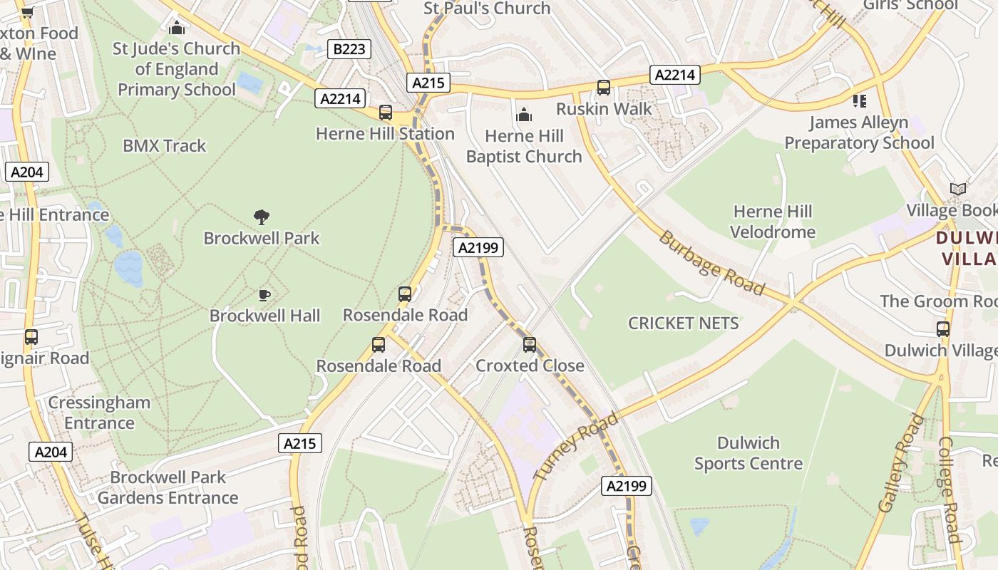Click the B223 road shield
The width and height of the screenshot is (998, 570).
[349, 49]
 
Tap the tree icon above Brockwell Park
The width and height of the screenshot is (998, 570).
[262, 217]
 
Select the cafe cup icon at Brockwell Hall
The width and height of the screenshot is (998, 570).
[264, 295]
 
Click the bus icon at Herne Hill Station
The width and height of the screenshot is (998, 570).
[386, 113]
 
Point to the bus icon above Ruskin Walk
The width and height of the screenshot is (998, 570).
[604, 88]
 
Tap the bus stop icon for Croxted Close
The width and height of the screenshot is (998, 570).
[529, 345]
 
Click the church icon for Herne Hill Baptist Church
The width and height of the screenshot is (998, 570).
[524, 115]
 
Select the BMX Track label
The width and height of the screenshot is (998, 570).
[164, 146]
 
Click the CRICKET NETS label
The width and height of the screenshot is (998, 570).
[683, 323]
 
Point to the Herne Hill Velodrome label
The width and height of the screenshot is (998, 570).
[773, 222]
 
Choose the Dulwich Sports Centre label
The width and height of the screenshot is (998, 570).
[748, 453]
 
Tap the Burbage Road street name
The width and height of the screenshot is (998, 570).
[711, 262]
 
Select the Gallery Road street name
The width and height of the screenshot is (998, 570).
[900, 463]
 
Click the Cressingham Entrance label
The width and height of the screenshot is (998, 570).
[99, 413]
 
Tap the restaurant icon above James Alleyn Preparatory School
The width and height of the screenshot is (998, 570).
[860, 101]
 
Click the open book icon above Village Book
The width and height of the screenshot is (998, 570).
[958, 190]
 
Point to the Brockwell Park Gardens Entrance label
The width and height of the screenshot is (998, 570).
[168, 487]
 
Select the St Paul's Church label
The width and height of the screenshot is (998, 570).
[487, 9]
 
